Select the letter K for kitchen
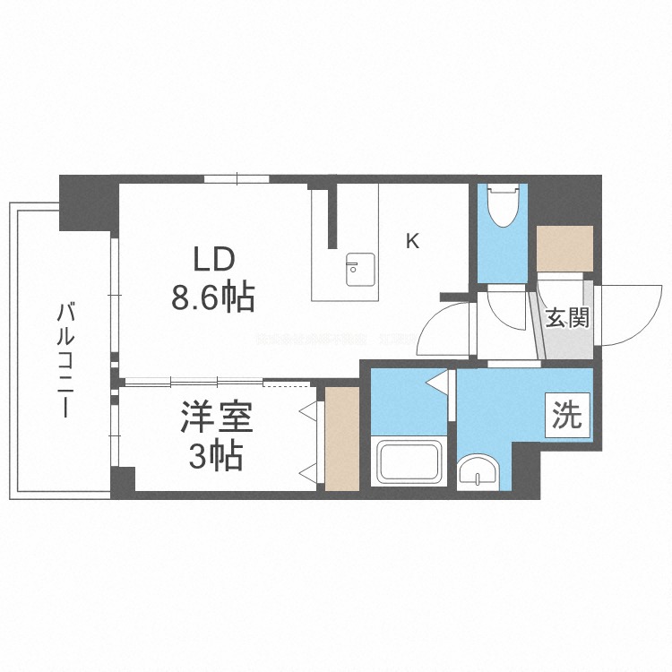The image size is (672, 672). click(412, 241)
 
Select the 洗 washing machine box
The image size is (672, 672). click(567, 416)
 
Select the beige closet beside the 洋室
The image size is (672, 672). click(341, 438)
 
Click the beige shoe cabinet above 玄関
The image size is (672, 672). click(564, 247)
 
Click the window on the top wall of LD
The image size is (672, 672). click(237, 178)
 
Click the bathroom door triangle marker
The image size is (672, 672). click(438, 383)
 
